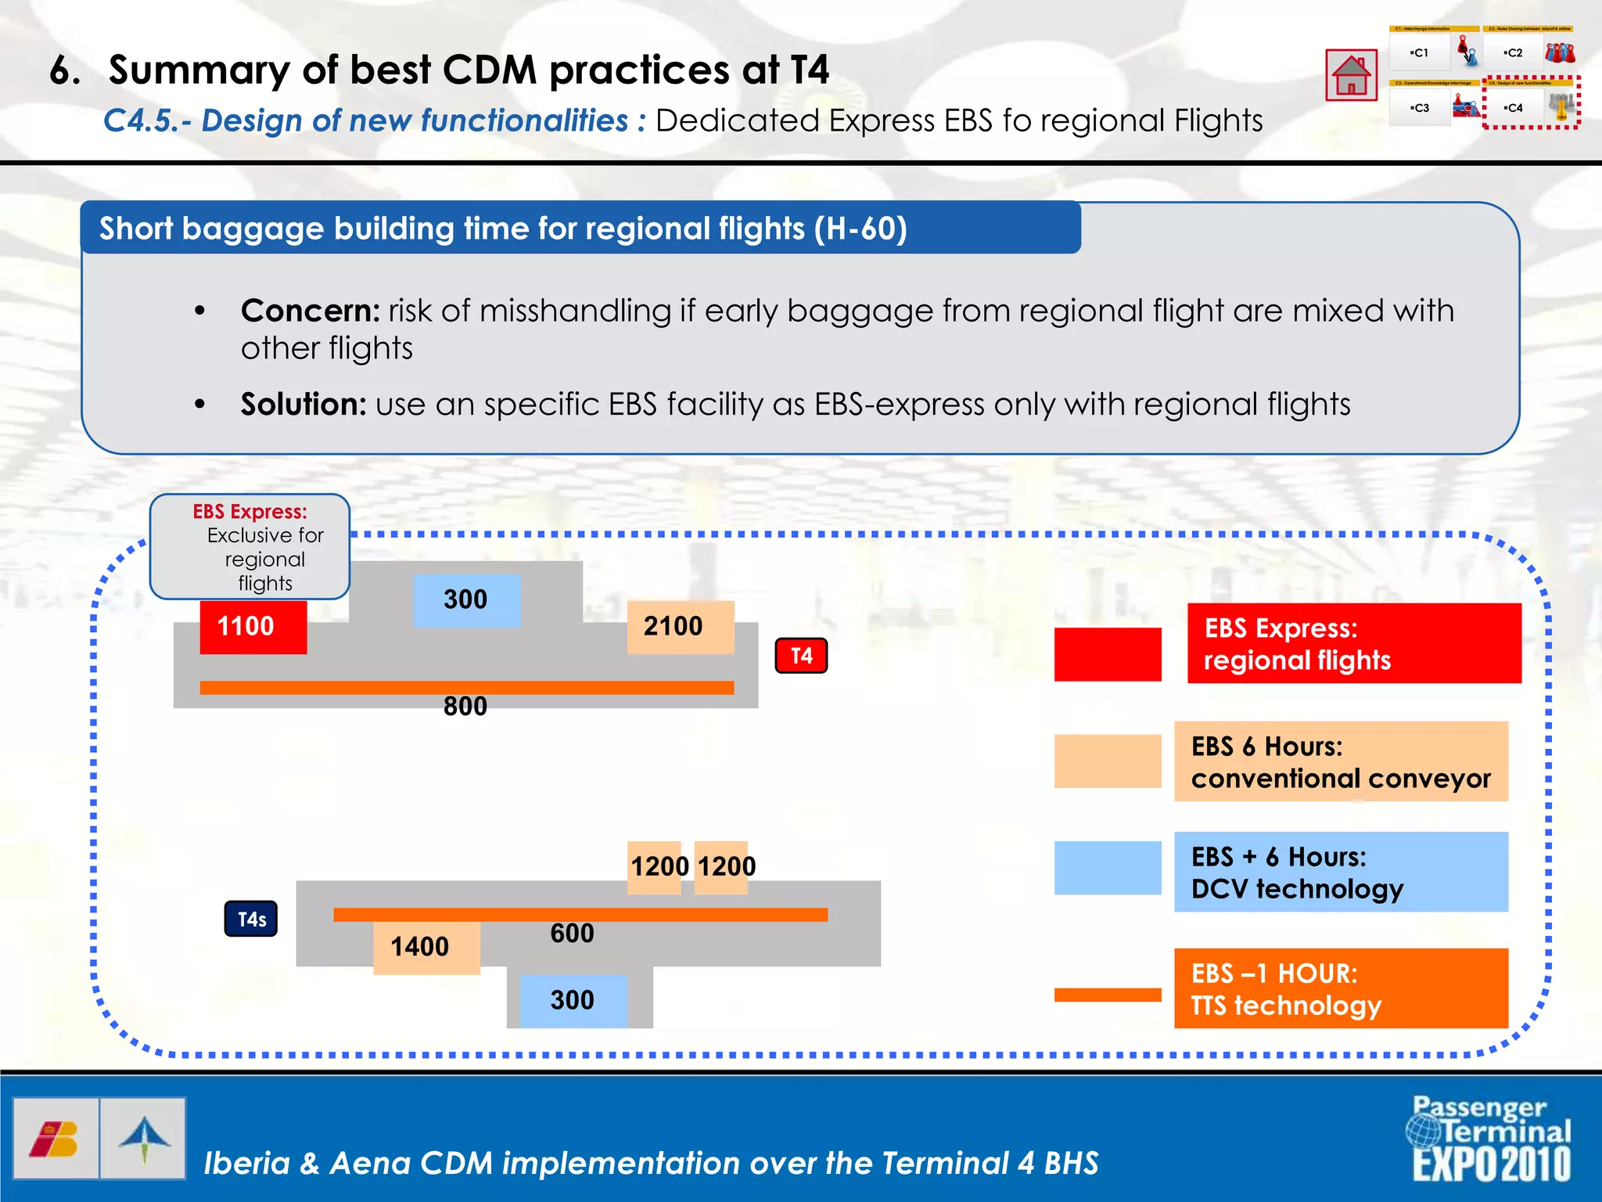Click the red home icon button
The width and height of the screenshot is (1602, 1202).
1351,75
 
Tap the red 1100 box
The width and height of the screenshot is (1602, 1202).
253,627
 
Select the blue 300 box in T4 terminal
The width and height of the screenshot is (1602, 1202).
466,600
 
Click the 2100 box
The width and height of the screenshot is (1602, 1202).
680,627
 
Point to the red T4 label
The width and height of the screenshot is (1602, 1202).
801,656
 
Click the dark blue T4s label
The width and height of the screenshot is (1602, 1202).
251,919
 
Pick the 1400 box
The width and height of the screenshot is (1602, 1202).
426,947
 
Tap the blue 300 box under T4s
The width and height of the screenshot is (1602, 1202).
573,1000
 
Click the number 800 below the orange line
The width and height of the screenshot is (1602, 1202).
465,707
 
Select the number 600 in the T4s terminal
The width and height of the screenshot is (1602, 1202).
572,934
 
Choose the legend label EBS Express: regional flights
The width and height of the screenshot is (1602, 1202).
1353,643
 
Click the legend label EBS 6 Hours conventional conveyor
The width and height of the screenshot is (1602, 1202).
1341,762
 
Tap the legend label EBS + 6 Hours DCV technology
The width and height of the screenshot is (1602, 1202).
1341,872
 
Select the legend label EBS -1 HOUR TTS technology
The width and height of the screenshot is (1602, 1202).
1341,988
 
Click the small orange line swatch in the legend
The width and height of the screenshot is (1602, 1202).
1107,995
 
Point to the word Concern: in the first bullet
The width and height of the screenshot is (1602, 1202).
310,311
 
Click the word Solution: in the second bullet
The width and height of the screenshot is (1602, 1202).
303,405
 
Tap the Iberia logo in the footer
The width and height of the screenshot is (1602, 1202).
55,1139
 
